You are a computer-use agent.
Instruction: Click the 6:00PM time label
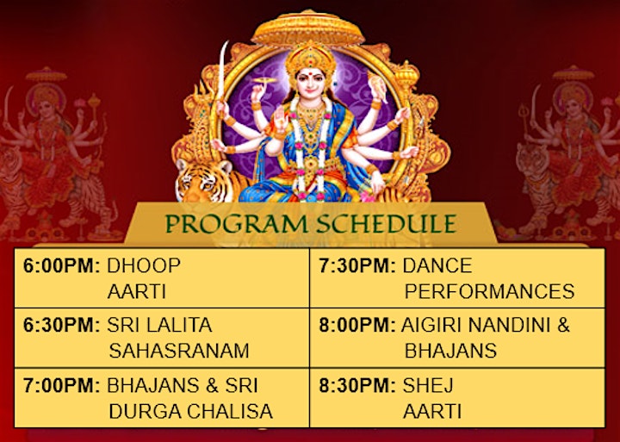(61, 265)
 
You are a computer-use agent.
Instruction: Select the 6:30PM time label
(61, 326)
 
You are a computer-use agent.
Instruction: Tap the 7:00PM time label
(61, 386)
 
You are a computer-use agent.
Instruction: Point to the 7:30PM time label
(357, 265)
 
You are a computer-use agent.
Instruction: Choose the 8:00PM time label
(357, 326)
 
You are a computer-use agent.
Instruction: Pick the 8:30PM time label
(357, 386)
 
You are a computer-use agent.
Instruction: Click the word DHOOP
(144, 265)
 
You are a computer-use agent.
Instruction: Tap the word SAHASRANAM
(179, 351)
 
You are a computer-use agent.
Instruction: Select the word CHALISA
(230, 412)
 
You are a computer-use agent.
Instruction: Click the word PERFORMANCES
(489, 291)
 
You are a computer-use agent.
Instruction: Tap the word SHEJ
(428, 386)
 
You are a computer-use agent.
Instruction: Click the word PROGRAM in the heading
(236, 224)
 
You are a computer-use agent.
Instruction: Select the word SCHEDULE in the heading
(387, 224)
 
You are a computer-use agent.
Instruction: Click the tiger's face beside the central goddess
(202, 181)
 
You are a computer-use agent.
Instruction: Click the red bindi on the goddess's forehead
(311, 73)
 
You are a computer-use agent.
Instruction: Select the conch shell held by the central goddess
(377, 88)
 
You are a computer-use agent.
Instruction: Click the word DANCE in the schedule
(437, 265)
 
